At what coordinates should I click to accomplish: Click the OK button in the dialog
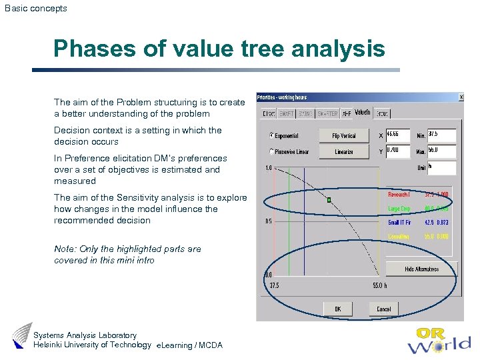(x=338, y=309)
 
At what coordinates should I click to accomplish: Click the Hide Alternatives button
(x=421, y=269)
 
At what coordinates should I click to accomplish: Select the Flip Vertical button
(x=344, y=136)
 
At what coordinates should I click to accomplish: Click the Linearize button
(x=344, y=152)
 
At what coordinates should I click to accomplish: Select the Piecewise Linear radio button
(x=271, y=152)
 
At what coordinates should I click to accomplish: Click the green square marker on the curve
(x=329, y=199)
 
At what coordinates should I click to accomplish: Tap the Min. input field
(x=441, y=135)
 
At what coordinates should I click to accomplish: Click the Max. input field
(x=441, y=151)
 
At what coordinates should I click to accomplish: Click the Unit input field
(x=441, y=167)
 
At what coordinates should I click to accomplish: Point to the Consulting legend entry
(x=399, y=237)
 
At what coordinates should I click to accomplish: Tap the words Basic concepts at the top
(x=36, y=9)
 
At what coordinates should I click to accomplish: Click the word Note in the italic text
(x=64, y=249)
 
